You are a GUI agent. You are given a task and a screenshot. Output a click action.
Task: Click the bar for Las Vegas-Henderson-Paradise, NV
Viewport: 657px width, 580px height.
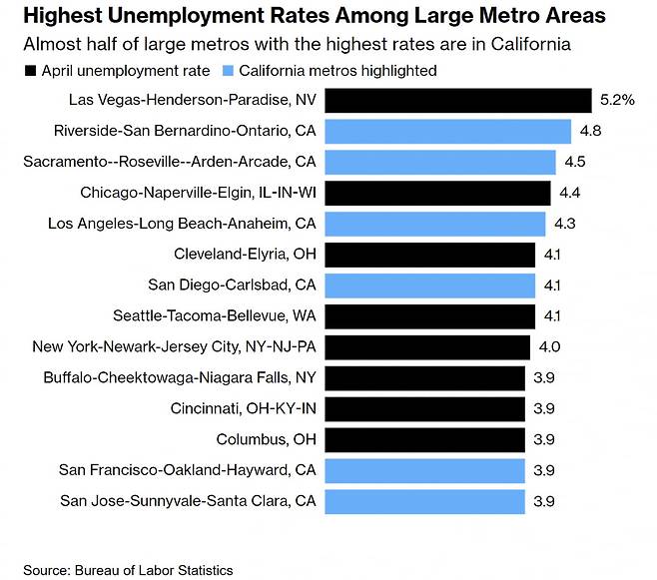[459, 100]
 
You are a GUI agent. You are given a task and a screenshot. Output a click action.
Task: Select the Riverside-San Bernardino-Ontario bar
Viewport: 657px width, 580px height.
[449, 131]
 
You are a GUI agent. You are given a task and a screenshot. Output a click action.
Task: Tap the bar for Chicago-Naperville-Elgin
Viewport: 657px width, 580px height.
[438, 193]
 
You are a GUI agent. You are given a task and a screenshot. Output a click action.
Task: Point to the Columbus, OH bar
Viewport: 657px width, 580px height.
[425, 439]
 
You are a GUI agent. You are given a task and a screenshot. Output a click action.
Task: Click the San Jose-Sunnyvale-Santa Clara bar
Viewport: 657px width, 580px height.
[425, 501]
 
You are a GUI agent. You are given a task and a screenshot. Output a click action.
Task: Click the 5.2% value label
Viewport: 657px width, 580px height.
[616, 100]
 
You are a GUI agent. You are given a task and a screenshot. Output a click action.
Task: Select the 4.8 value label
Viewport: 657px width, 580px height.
[591, 131]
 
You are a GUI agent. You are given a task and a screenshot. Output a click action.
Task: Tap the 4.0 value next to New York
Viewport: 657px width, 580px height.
[549, 347]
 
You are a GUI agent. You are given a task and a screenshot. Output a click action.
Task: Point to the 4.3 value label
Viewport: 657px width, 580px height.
[565, 224]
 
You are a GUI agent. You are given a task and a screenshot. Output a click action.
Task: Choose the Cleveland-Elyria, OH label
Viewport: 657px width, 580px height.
[245, 255]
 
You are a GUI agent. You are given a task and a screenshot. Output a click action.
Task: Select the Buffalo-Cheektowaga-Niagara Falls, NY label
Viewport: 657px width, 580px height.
[180, 377]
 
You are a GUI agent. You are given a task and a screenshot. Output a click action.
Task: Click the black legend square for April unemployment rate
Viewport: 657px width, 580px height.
[30, 71]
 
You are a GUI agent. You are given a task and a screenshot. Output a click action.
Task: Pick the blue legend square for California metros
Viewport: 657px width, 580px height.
[231, 71]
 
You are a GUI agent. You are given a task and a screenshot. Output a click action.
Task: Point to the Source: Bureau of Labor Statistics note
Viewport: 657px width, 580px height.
[128, 570]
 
